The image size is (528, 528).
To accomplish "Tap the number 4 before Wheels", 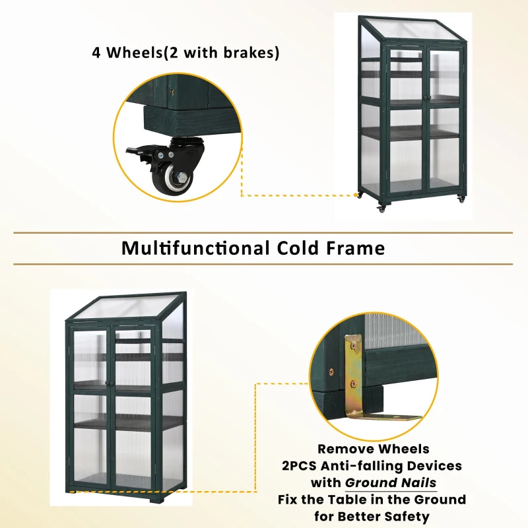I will [x=97, y=53].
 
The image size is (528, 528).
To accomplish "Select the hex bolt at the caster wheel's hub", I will [x=179, y=176].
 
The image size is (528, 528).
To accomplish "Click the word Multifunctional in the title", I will [x=195, y=248].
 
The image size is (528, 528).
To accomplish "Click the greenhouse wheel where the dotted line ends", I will [x=360, y=195].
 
